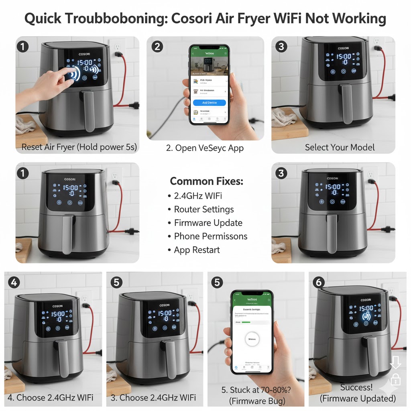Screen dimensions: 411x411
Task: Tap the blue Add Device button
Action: click(x=209, y=103)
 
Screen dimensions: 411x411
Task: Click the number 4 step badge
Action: click(x=14, y=282)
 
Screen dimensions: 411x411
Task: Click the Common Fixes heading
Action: click(x=206, y=181)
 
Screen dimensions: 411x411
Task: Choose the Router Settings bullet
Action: click(x=203, y=210)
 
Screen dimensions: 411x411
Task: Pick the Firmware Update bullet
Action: click(x=208, y=223)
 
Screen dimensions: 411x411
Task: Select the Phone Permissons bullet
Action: click(x=210, y=236)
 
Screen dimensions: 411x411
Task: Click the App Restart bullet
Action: click(x=197, y=250)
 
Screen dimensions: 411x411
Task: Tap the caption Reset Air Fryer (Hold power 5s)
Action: click(x=79, y=147)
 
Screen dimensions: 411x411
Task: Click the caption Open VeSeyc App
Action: click(x=205, y=148)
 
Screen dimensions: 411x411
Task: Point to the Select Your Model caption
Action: click(x=340, y=147)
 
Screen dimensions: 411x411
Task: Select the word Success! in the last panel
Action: click(x=356, y=387)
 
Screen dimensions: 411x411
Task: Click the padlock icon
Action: click(x=395, y=379)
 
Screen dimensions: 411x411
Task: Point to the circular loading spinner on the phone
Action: click(x=252, y=339)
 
